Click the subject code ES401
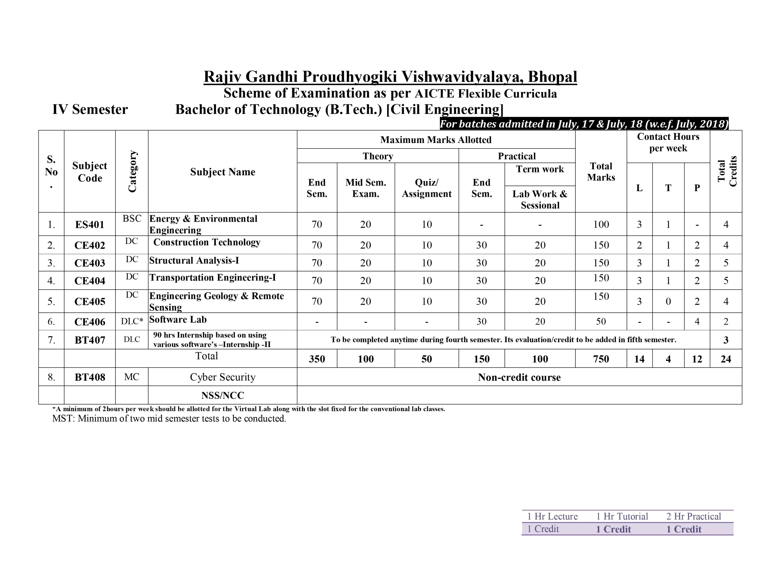(90, 224)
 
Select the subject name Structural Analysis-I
(194, 260)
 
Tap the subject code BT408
(90, 377)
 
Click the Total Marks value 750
(601, 359)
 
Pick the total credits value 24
(726, 359)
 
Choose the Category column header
(132, 171)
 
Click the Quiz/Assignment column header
(426, 188)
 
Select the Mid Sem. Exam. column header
(366, 188)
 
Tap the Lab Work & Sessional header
(540, 199)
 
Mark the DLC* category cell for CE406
(132, 321)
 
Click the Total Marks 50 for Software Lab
(601, 321)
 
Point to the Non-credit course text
(519, 377)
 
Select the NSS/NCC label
(223, 395)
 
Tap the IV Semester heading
(90, 109)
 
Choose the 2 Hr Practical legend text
(693, 516)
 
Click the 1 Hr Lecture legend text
(552, 516)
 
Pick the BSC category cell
(132, 218)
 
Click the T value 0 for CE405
(668, 301)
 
